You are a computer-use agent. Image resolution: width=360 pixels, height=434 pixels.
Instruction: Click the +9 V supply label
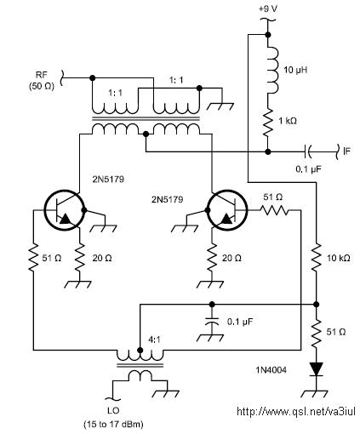(268, 9)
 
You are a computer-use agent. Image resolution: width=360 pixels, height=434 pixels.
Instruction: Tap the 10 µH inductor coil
(273, 71)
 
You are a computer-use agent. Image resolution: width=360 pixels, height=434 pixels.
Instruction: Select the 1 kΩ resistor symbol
(267, 123)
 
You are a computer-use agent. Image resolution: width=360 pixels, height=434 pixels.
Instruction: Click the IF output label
(346, 151)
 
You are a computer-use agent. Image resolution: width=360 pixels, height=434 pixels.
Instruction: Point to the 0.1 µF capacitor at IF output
(307, 151)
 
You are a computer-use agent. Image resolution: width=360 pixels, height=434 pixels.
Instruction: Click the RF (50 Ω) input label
(42, 81)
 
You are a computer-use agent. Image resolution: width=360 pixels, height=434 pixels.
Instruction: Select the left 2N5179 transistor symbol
(64, 210)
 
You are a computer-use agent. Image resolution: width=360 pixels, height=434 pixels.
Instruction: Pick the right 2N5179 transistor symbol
(227, 210)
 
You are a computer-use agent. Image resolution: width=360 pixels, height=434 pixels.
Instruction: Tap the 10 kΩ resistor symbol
(317, 258)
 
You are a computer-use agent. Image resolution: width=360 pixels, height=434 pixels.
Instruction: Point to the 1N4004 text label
(271, 370)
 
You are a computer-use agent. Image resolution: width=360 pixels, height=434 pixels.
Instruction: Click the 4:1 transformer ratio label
(154, 340)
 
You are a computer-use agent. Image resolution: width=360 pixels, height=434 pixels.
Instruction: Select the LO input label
(113, 410)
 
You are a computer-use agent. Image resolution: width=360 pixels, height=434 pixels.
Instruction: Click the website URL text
(296, 411)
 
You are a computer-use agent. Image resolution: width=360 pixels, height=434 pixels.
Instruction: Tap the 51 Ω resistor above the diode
(317, 333)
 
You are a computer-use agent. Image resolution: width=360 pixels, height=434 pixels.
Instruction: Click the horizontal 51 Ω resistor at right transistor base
(274, 210)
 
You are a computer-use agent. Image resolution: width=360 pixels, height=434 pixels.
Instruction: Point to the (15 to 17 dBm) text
(113, 425)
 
